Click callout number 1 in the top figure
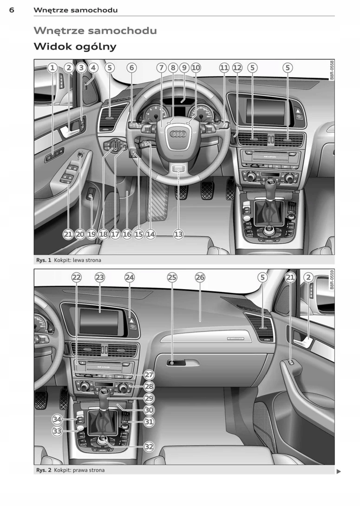coord(52,68)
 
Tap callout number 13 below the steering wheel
coord(178,234)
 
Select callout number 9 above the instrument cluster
coord(184,68)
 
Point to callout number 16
coord(127,234)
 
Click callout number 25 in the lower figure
coord(172,277)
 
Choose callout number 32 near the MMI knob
coord(149,447)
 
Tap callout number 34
coord(57,419)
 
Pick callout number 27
coord(149,375)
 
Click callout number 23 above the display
coord(100,277)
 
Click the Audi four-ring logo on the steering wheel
coord(177,134)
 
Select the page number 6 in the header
coord(12,10)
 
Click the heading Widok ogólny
coord(75,46)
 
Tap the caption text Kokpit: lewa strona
coord(78,260)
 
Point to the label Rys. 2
coord(44,470)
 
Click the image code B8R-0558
coord(332,70)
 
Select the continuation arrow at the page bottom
coord(339,472)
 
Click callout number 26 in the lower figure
coord(200,277)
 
